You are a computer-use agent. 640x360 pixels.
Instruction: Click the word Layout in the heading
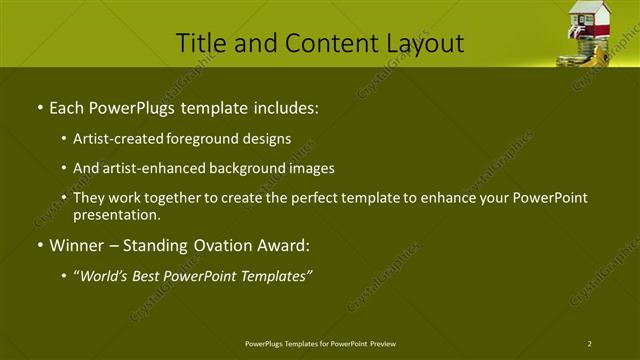point(427,43)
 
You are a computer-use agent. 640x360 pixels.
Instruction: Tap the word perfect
point(297,198)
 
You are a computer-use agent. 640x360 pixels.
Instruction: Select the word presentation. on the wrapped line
point(116,215)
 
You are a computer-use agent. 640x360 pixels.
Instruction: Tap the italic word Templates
point(275,276)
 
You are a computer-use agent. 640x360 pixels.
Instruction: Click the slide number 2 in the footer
point(590,343)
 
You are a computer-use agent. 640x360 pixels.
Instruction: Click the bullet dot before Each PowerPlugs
point(38,107)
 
